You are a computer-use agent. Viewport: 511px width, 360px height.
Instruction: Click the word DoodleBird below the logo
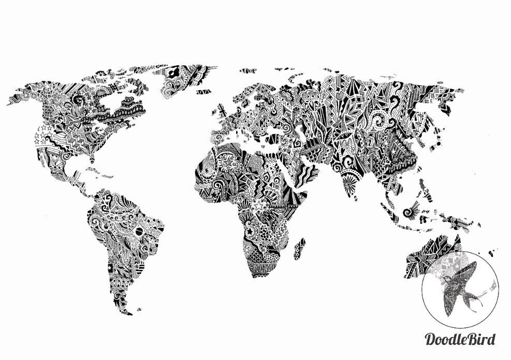460,339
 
